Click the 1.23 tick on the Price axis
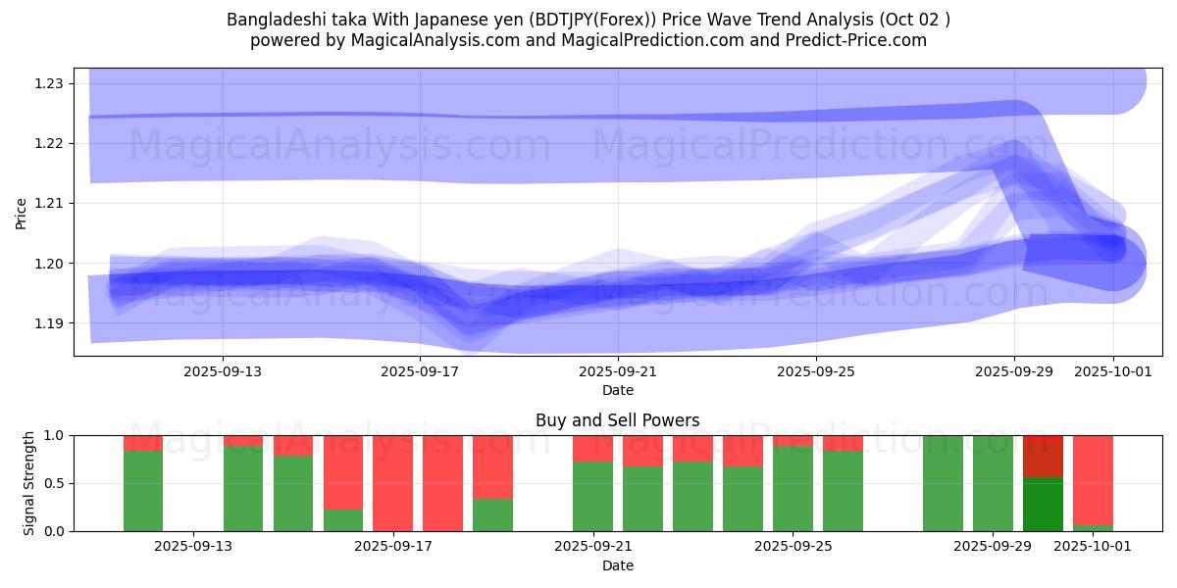(x=49, y=83)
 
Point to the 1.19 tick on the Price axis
(x=49, y=323)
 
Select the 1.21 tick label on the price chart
(x=49, y=204)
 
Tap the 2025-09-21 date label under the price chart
(x=618, y=371)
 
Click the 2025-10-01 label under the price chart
(x=1112, y=371)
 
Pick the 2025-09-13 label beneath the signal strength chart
(x=193, y=546)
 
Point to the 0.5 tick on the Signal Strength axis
(x=55, y=483)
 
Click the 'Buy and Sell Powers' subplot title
(x=617, y=420)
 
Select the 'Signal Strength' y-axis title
(x=29, y=483)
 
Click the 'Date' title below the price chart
(x=617, y=390)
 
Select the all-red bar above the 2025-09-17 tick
(x=392, y=483)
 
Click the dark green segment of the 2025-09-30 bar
(x=1043, y=505)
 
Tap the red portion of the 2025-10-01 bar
(x=1093, y=480)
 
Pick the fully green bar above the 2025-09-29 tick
(x=993, y=483)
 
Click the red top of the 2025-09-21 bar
(x=592, y=448)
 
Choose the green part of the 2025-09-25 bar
(x=793, y=489)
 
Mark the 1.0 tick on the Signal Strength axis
(x=55, y=435)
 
